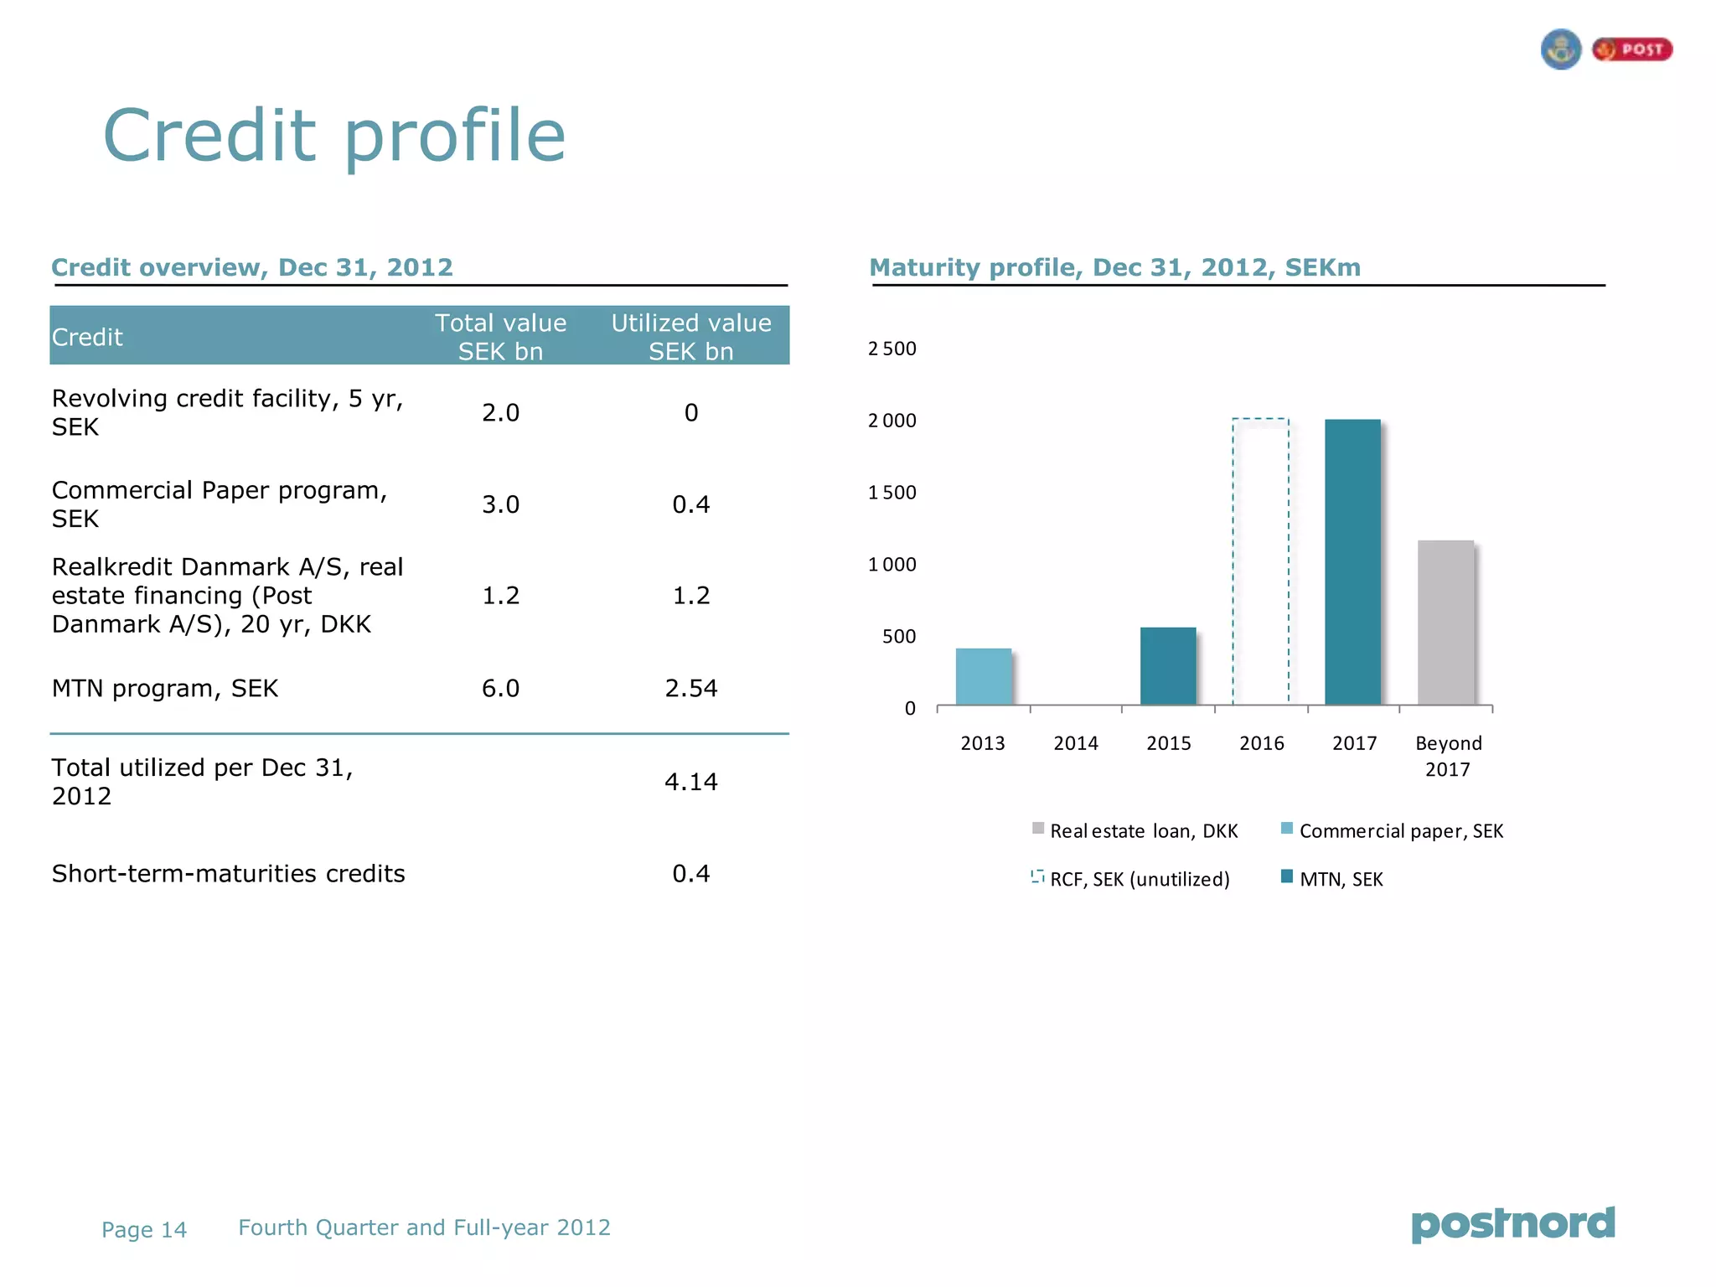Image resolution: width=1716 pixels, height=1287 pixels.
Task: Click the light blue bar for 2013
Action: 984,676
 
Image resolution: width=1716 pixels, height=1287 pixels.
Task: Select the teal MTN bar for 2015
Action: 1168,666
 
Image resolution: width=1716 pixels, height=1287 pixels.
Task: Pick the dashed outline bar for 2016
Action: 1260,561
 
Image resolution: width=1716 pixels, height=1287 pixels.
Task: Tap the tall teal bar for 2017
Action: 1352,561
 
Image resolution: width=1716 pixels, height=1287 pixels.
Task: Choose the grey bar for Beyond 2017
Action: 1445,623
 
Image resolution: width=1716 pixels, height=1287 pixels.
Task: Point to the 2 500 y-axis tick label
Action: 892,349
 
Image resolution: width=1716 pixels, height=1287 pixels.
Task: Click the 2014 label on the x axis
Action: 1076,743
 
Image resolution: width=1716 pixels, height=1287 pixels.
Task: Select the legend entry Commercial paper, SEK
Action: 1393,830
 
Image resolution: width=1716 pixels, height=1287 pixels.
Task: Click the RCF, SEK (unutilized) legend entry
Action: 1131,879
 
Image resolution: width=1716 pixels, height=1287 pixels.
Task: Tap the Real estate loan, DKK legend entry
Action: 1135,830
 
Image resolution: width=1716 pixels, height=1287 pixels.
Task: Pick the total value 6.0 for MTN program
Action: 500,688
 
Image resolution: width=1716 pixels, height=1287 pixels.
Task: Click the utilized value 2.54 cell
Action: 691,688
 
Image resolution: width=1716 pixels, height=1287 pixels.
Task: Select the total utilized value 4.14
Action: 691,782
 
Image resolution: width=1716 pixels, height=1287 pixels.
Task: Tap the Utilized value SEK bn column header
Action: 691,337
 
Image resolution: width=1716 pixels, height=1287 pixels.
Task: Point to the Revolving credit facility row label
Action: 227,412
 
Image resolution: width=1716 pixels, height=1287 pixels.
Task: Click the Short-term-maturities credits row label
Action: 229,874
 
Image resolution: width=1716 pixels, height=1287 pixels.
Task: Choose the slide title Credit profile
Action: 334,136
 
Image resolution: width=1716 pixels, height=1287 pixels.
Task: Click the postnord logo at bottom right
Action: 1513,1224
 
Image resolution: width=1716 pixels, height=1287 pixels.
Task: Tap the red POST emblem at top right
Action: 1632,50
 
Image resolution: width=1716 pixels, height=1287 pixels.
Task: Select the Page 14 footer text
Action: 144,1229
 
